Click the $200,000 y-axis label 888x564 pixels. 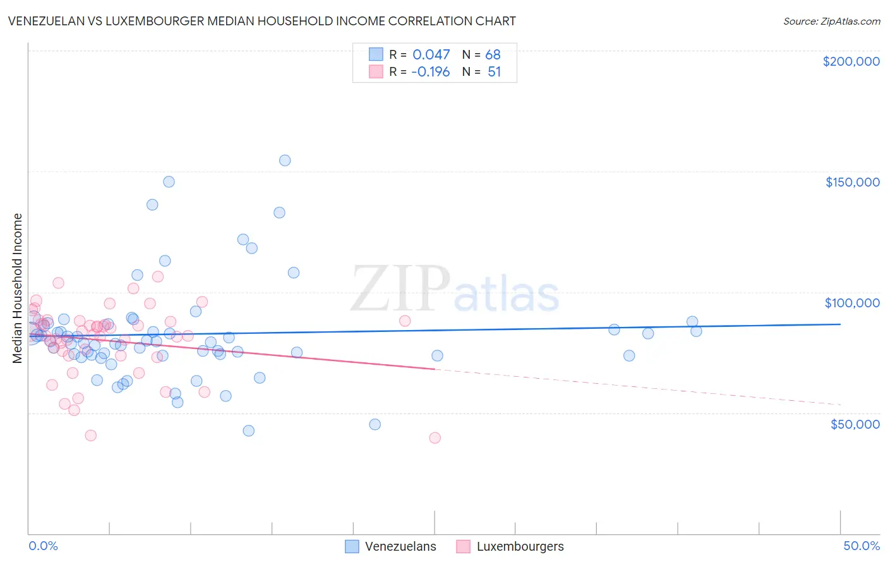point(851,61)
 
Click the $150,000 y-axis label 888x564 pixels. point(852,182)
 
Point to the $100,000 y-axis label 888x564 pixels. point(852,303)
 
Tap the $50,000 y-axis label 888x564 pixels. point(855,424)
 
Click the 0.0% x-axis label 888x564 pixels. point(43,546)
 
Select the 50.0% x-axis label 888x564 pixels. point(861,546)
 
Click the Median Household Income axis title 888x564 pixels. point(18,288)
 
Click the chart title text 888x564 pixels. point(261,21)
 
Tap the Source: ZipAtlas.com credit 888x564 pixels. point(831,21)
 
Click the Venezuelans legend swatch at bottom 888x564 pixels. point(352,546)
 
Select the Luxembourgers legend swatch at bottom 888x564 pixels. point(464,546)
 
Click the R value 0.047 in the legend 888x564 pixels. point(431,55)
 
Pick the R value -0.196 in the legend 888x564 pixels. point(430,72)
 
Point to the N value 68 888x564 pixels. point(493,55)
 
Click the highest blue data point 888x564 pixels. point(285,161)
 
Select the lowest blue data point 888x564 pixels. point(249,431)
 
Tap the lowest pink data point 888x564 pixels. point(435,438)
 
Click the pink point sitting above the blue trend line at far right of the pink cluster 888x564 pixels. point(405,321)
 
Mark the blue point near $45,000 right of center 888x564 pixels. point(375,424)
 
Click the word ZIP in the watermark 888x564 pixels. point(400,290)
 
